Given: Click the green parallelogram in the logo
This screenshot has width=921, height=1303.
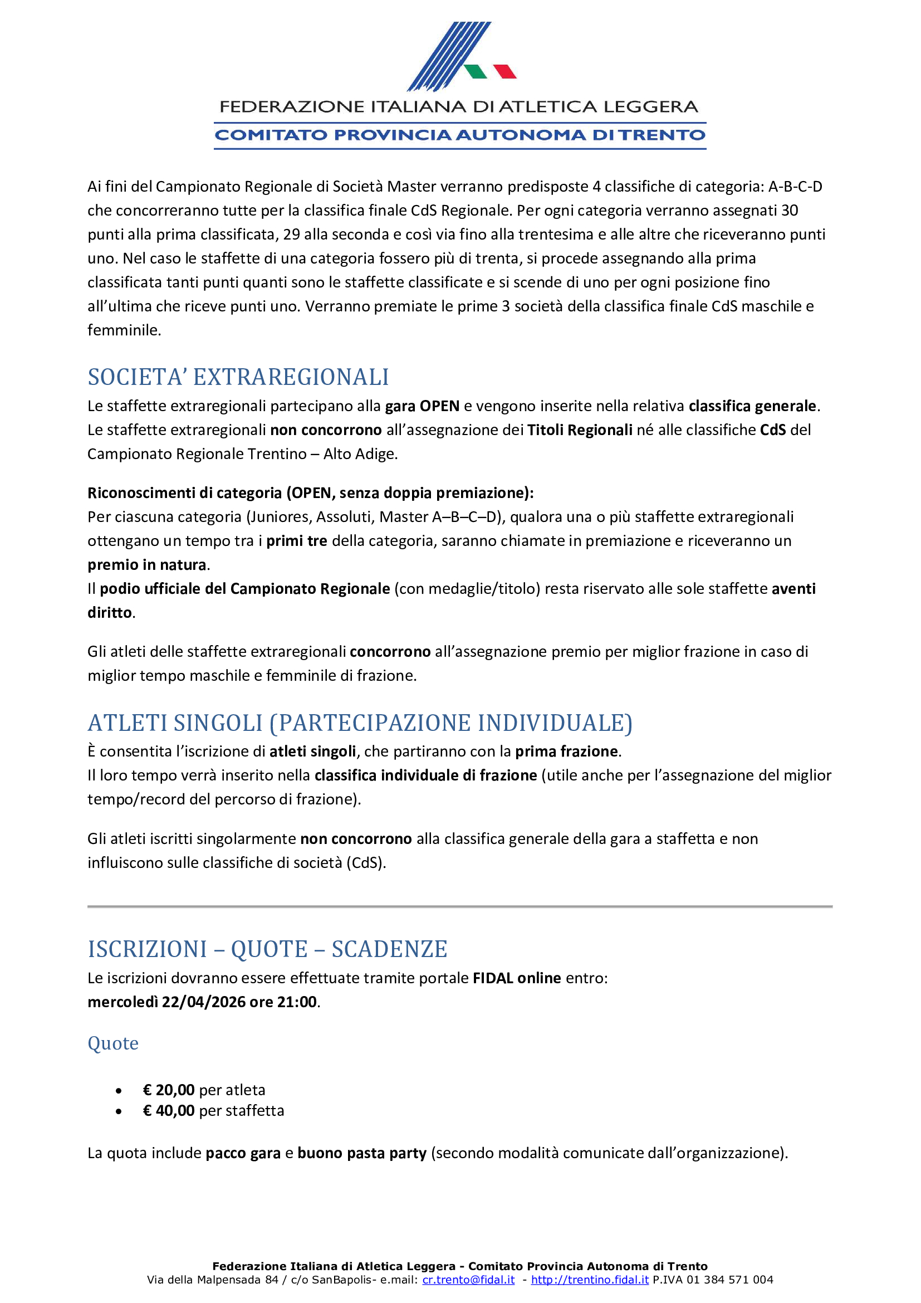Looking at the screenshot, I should coord(475,71).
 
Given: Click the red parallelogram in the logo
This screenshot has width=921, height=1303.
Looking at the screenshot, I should coord(504,71).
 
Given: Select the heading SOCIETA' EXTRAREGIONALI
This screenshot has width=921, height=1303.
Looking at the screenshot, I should coord(238,377).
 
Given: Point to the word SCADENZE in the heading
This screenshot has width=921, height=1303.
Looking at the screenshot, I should coord(390,949).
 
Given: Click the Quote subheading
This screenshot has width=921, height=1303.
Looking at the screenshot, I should coord(113,1043).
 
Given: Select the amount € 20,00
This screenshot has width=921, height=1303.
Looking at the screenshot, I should coord(168,1090).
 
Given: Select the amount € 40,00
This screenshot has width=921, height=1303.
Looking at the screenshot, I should coord(168,1111).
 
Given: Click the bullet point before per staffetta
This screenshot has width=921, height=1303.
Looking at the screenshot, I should coord(119,1112).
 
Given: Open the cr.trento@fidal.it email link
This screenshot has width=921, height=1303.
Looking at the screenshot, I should coord(468,1280).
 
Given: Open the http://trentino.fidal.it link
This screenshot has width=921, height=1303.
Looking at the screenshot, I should coord(590,1280).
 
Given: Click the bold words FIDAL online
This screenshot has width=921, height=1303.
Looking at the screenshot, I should coord(517,978).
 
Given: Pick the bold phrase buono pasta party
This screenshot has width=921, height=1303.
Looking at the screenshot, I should coord(362,1153).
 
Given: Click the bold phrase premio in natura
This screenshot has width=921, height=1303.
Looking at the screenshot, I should coord(147,565).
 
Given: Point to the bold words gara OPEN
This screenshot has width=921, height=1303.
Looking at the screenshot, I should coord(422,406).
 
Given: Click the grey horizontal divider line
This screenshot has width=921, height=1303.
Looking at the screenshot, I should coord(460,907).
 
